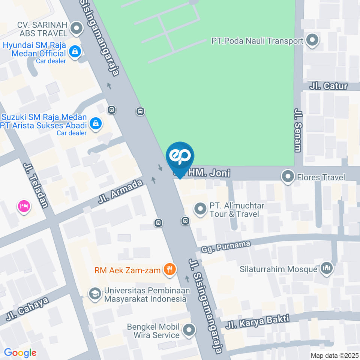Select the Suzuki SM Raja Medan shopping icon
(x=96, y=123)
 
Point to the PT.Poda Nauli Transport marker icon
(x=312, y=40)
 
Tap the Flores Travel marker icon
(x=288, y=177)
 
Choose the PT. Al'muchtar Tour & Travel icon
(x=200, y=209)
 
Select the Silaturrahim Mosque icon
(x=326, y=268)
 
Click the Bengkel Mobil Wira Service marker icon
(x=189, y=330)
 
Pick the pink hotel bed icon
(x=24, y=206)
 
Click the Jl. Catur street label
(x=328, y=86)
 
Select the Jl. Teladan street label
(x=36, y=185)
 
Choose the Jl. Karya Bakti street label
(x=257, y=322)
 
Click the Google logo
(x=20, y=352)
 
